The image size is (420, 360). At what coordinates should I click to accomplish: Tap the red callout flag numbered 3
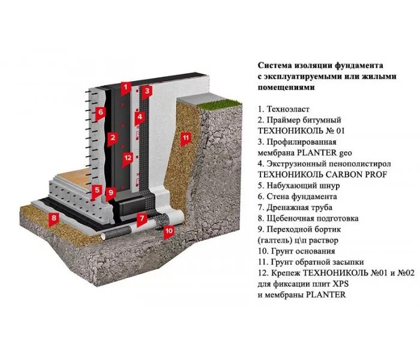(x=148, y=91)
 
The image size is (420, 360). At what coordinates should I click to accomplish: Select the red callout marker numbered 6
(x=101, y=112)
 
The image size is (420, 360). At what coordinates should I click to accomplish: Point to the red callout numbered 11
(x=186, y=138)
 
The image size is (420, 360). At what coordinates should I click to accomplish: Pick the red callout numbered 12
(x=127, y=159)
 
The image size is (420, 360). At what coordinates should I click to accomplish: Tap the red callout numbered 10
(x=169, y=230)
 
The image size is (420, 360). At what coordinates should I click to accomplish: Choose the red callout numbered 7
(x=142, y=218)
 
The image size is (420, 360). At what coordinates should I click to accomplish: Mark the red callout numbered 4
(x=139, y=117)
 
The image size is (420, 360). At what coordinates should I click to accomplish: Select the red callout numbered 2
(x=112, y=138)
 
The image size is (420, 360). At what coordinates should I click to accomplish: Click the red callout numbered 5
(x=96, y=191)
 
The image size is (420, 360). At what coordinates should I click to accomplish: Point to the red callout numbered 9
(x=110, y=193)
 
